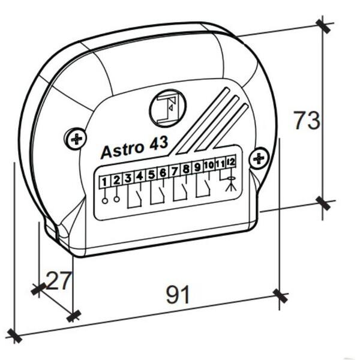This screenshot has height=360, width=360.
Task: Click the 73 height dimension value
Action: pos(307,120)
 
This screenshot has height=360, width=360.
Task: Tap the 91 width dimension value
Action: pos(178,295)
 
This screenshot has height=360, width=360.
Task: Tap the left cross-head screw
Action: pos(76,139)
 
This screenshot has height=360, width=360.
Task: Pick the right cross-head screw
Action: pos(259,158)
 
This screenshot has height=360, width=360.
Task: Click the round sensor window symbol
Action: pos(167,107)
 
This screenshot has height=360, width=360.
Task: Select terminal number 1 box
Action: pos(104,182)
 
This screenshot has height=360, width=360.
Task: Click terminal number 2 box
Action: pos(116,180)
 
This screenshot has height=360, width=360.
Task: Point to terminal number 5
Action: pos(151,175)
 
